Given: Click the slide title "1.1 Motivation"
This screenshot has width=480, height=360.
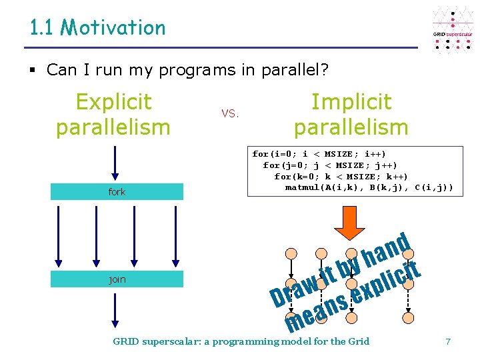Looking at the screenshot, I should (97, 28).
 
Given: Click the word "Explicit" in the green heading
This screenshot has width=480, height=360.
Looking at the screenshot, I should (113, 102).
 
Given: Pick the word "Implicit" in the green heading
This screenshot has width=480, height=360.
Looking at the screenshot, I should (351, 102).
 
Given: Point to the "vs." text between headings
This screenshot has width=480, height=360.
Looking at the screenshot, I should (229, 114).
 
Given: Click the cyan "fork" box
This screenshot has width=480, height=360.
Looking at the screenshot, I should (117, 192).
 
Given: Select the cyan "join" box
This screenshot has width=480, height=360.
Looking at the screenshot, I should (117, 279).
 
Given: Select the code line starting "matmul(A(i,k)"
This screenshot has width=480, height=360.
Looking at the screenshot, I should (369, 187).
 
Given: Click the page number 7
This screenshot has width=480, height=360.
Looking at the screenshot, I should (448, 341).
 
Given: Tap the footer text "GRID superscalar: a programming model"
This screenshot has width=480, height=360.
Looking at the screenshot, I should (241, 341).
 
